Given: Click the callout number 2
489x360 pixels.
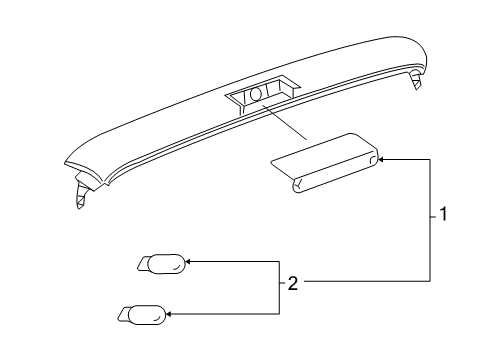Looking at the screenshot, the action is (x=293, y=283).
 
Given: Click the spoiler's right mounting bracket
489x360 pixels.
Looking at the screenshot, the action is (x=414, y=80).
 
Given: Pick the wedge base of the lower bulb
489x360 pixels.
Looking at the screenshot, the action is (x=123, y=316).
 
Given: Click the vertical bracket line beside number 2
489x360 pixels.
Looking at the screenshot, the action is (x=278, y=289).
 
